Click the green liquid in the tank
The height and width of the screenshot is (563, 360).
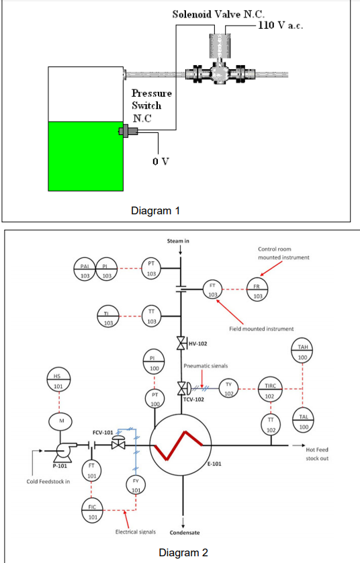click(x=85, y=156)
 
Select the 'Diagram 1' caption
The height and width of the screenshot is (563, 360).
click(x=155, y=210)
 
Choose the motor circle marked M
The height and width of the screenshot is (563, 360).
click(x=58, y=421)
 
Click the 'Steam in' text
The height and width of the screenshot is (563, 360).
click(x=179, y=241)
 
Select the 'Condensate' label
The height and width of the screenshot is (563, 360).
click(x=184, y=532)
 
